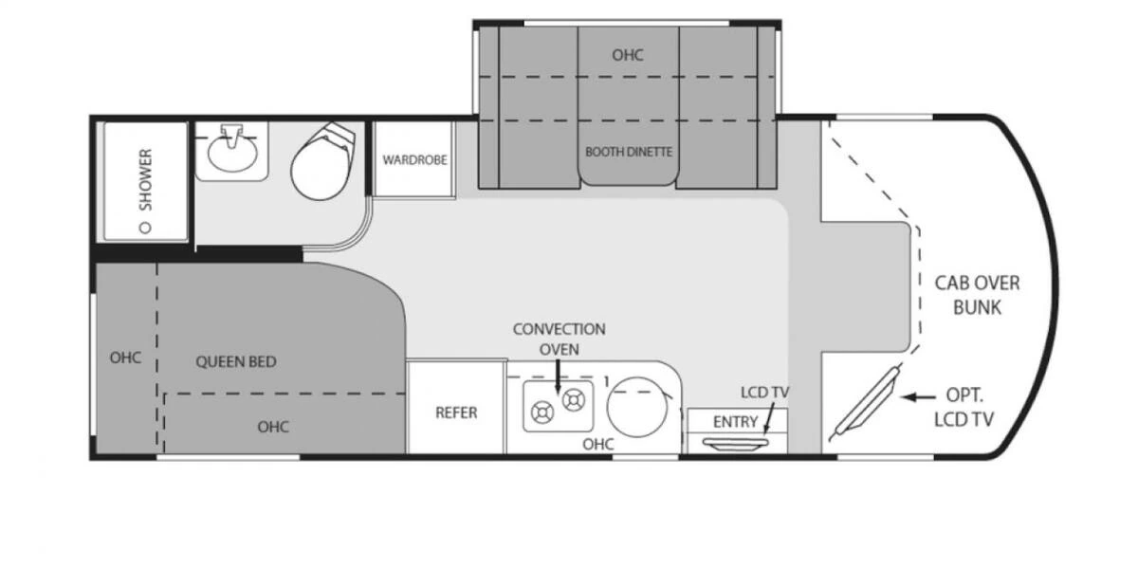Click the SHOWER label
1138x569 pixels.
(145, 179)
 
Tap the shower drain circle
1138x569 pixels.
(145, 228)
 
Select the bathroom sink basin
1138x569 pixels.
(232, 155)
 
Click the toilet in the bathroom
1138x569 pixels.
(322, 161)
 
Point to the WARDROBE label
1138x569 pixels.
(414, 160)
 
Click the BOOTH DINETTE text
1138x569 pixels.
(629, 152)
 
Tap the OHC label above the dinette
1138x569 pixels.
(628, 55)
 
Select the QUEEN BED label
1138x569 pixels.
(236, 361)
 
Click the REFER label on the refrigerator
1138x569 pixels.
(456, 413)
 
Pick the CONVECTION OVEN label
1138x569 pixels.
(559, 340)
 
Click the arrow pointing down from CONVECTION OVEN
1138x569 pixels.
(558, 376)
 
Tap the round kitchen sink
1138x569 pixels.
(637, 407)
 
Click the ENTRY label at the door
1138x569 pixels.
(735, 422)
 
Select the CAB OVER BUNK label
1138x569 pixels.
(977, 295)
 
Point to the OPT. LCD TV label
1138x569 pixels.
(964, 407)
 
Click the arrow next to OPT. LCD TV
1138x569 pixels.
(918, 396)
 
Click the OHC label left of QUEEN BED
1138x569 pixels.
(125, 358)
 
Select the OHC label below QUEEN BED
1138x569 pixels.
(273, 427)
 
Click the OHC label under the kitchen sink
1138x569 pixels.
(598, 444)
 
